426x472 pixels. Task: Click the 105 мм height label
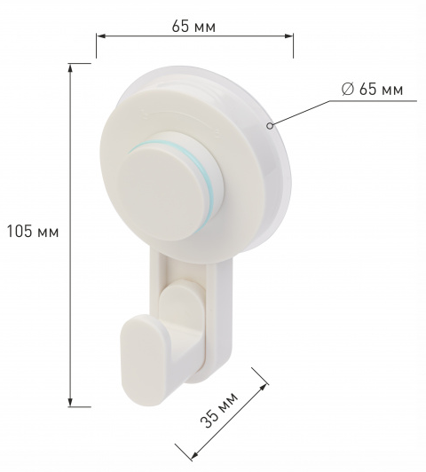pyautogui.click(x=33, y=232)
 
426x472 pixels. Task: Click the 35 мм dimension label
pyautogui.click(x=219, y=410)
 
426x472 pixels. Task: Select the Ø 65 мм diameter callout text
pyautogui.click(x=372, y=90)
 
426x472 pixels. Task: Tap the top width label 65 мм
pyautogui.click(x=193, y=27)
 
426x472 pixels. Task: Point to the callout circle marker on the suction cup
pyautogui.click(x=271, y=125)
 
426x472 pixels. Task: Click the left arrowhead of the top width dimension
pyautogui.click(x=101, y=36)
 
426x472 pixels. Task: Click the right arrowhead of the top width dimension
pyautogui.click(x=288, y=36)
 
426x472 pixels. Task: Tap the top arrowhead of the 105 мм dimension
pyautogui.click(x=70, y=68)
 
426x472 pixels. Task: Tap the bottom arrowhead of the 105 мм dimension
pyautogui.click(x=70, y=402)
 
